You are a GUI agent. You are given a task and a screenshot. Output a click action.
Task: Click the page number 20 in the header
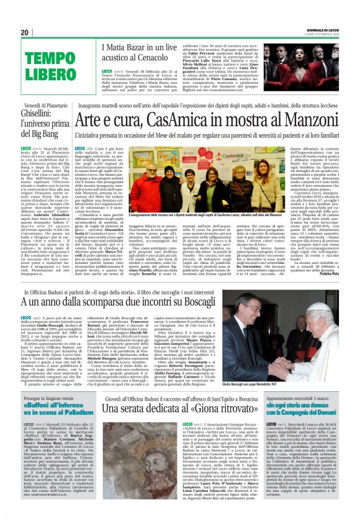[x=25, y=32]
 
